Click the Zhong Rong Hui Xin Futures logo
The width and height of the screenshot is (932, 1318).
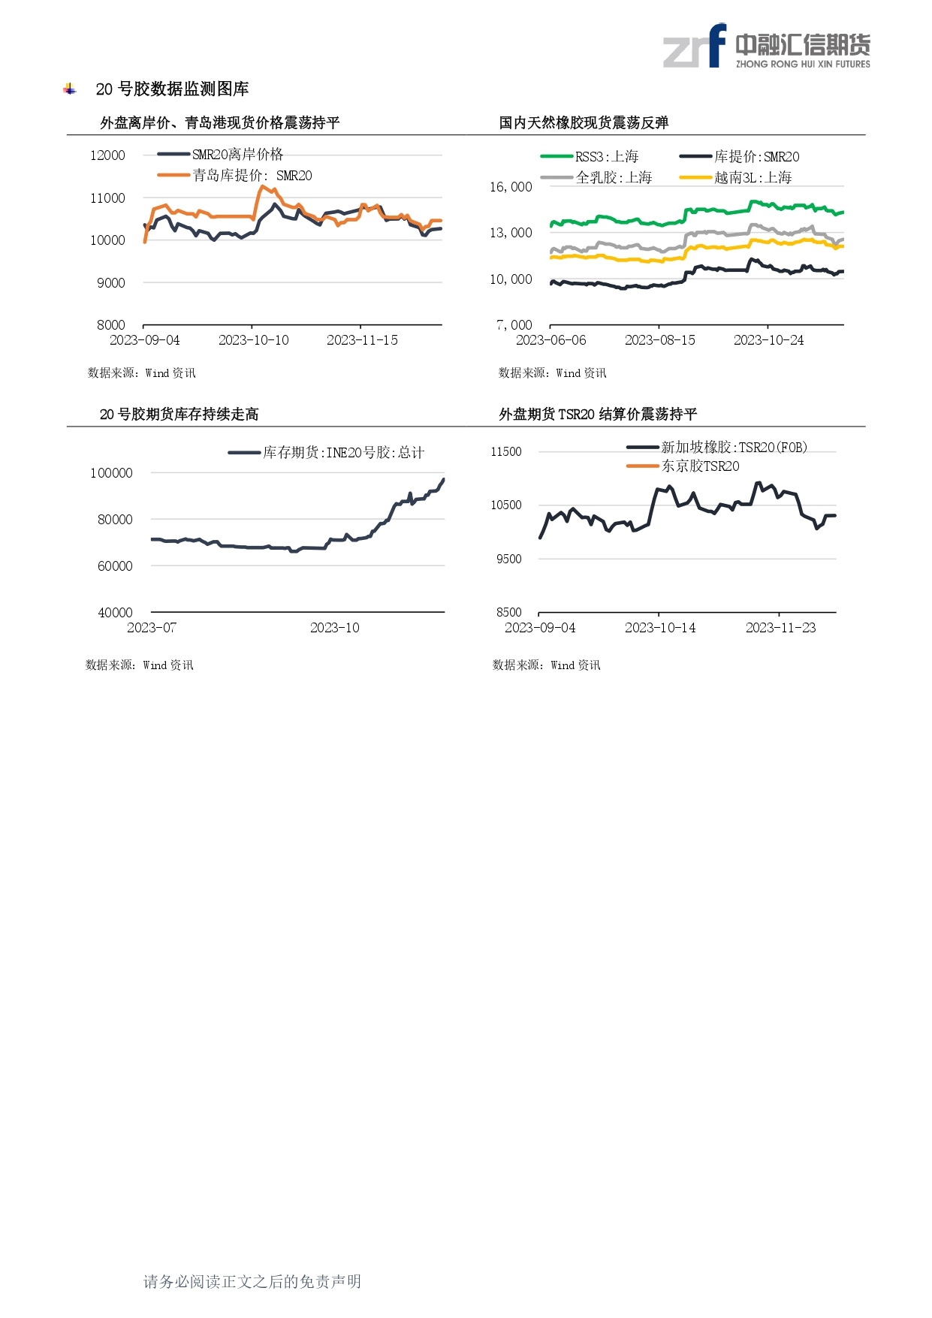[766, 47]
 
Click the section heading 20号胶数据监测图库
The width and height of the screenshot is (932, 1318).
[172, 89]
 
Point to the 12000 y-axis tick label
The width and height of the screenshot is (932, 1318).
[107, 155]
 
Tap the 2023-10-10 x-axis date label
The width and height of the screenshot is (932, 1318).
[253, 340]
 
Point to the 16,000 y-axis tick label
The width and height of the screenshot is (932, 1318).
[511, 187]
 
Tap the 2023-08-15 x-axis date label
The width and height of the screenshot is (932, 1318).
[659, 340]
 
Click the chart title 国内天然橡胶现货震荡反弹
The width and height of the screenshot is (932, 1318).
[584, 123]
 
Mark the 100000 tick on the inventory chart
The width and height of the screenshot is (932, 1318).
[111, 473]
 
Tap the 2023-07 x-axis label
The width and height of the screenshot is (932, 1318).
[152, 628]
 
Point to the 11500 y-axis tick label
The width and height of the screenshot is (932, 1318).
[505, 452]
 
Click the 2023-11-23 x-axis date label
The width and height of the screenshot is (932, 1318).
[780, 628]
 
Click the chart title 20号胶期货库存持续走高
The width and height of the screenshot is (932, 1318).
[179, 415]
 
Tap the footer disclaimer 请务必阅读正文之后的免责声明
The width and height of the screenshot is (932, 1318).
[252, 1282]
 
